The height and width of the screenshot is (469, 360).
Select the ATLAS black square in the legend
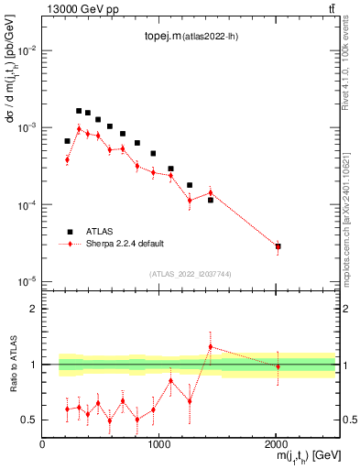[x=68, y=232]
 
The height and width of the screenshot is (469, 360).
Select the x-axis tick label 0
[x=43, y=444]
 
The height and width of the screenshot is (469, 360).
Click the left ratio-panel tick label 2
[x=33, y=309]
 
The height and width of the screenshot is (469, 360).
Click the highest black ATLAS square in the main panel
[x=79, y=111]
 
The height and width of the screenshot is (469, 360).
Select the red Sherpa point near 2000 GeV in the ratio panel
[x=278, y=366]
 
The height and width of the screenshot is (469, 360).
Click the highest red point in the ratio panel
[x=211, y=347]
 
